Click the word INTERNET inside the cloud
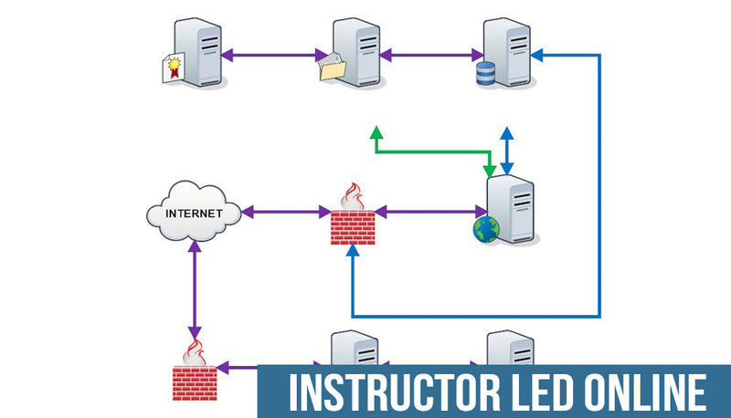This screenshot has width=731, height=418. tap(193, 214)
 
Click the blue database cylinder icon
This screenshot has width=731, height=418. tap(486, 74)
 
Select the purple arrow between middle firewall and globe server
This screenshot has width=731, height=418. tap(429, 213)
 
